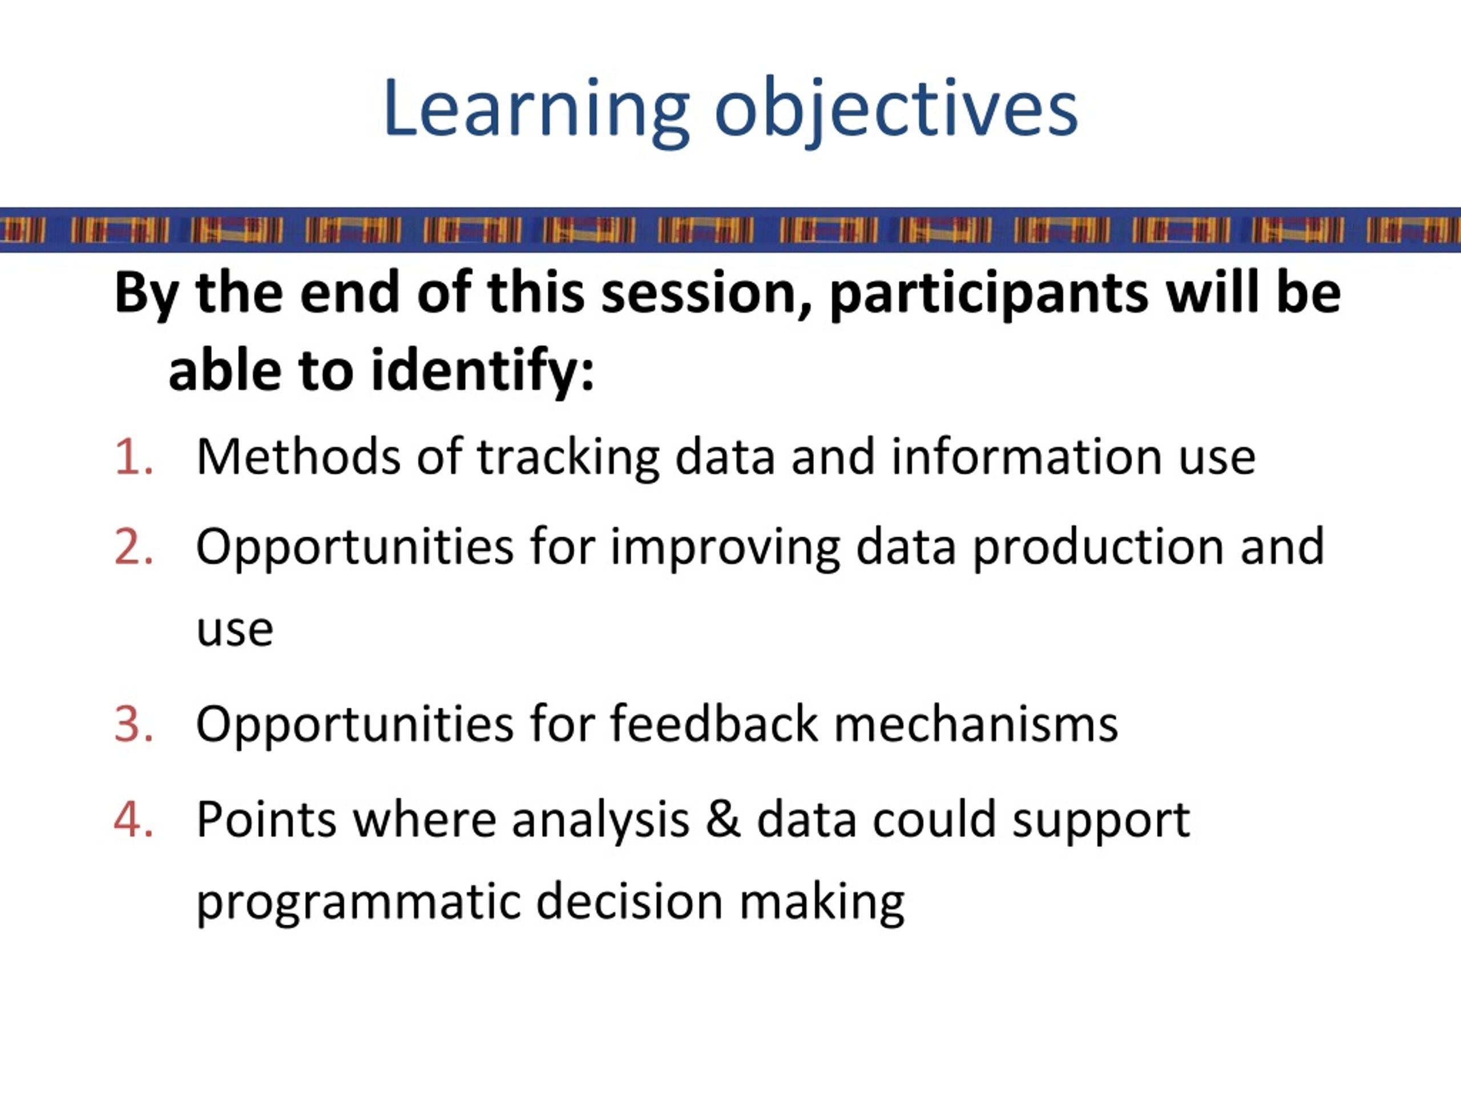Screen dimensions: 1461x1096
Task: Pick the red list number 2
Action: coord(134,546)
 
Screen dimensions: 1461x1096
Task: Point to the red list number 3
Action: coord(134,724)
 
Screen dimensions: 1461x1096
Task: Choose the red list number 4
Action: coord(134,819)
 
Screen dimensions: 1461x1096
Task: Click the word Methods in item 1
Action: coord(298,457)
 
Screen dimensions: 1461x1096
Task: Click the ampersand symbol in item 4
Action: coord(723,819)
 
